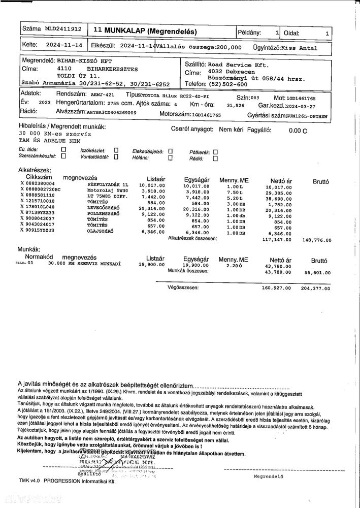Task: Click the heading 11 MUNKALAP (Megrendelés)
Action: click(145, 31)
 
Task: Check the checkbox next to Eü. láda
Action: click(63, 150)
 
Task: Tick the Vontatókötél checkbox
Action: click(116, 157)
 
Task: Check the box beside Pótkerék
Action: click(215, 151)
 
